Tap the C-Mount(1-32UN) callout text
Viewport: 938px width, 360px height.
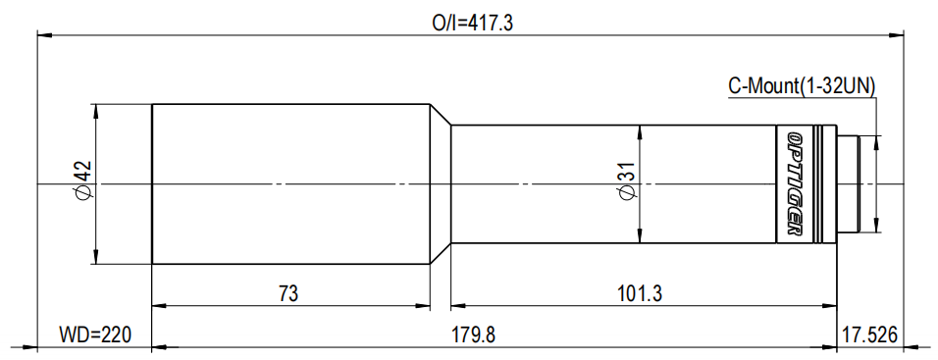(x=802, y=86)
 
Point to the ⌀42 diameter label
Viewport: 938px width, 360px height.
(x=83, y=182)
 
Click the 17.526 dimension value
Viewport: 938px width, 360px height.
(x=869, y=334)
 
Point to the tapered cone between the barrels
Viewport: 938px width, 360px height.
(x=440, y=184)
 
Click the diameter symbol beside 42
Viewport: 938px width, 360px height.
(x=83, y=194)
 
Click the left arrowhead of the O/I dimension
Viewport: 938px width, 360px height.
(x=42, y=35)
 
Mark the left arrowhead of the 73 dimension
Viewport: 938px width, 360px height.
(x=157, y=305)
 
